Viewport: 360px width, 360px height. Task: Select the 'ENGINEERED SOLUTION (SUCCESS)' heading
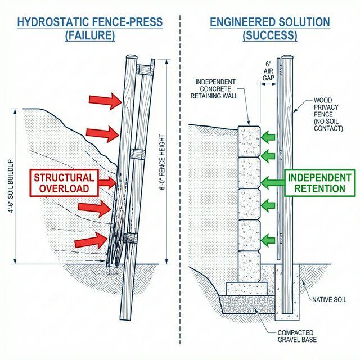coord(269,29)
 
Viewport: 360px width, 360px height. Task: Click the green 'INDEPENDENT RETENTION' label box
coord(320,182)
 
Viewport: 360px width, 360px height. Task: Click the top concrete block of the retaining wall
coord(249,140)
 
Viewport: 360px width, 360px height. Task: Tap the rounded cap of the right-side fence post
coord(288,57)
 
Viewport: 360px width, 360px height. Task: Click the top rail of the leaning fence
coord(144,70)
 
